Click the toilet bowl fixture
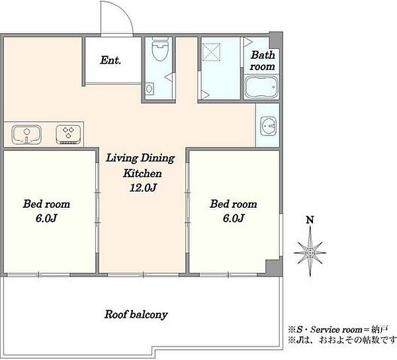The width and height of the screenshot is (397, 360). tap(161, 50)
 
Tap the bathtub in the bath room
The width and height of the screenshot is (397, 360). tap(261, 87)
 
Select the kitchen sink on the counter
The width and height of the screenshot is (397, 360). tap(26, 134)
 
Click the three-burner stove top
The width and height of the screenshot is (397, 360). tap(68, 134)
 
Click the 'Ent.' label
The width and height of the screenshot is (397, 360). tap(110, 60)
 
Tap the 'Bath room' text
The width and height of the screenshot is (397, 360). tap(263, 61)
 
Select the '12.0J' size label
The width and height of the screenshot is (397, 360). tap(143, 187)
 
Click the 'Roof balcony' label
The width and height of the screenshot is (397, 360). tap(136, 315)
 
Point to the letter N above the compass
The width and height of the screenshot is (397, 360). tap(310, 220)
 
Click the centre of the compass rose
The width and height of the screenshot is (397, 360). tap(310, 253)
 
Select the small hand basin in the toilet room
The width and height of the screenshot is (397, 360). tap(149, 89)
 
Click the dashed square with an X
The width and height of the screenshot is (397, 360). tap(212, 52)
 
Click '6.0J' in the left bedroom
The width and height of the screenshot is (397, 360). tap(46, 218)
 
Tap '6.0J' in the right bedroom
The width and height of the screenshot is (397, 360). tap(234, 218)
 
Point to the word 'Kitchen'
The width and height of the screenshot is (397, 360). tap(142, 173)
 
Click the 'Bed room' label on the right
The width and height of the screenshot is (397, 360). tap(234, 204)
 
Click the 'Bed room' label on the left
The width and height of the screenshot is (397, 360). tap(46, 204)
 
